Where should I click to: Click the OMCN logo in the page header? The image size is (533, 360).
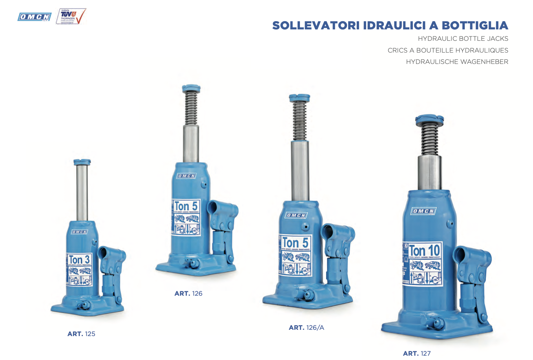click(x=35, y=17)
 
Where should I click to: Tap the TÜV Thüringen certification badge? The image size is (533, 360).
click(x=71, y=16)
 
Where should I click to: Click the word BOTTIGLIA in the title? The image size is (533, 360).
click(x=475, y=25)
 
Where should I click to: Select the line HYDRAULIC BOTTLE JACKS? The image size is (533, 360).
click(x=463, y=38)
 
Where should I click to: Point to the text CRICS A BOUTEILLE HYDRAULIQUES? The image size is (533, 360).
click(x=448, y=50)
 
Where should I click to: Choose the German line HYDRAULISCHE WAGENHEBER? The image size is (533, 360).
click(x=457, y=62)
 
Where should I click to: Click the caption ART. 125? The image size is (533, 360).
click(x=81, y=334)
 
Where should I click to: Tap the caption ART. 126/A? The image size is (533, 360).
click(x=306, y=327)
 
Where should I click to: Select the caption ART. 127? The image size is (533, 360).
click(x=417, y=353)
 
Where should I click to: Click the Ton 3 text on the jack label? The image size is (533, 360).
click(x=79, y=260)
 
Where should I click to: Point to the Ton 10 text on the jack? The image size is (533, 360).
click(x=424, y=250)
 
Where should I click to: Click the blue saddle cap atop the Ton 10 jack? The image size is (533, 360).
click(x=429, y=119)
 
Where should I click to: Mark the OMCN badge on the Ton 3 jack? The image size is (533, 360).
click(x=79, y=232)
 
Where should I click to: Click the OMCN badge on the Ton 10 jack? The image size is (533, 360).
click(x=423, y=211)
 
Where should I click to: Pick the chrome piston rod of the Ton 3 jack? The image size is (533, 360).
click(x=82, y=192)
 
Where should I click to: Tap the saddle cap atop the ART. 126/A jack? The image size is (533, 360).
click(x=299, y=98)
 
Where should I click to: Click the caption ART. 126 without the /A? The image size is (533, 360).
click(x=188, y=293)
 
